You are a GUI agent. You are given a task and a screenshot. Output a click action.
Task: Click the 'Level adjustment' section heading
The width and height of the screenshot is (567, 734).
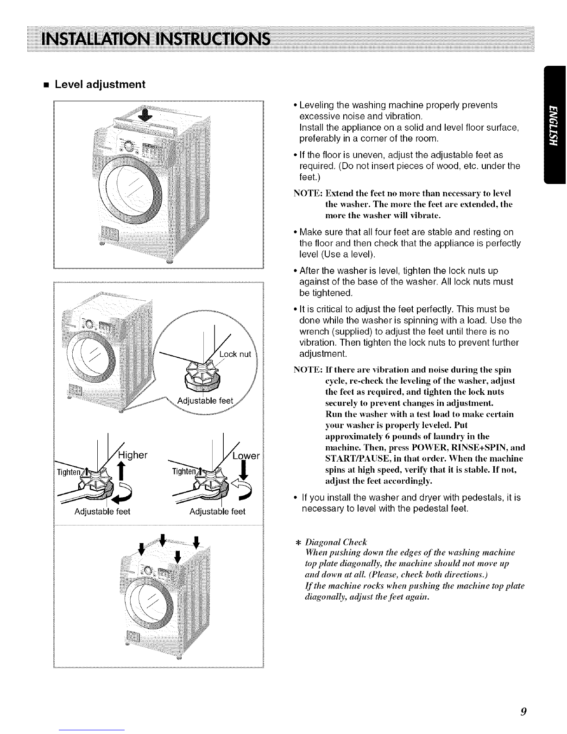(x=100, y=84)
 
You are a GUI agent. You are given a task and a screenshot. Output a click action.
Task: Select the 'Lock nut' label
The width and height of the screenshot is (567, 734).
(x=235, y=354)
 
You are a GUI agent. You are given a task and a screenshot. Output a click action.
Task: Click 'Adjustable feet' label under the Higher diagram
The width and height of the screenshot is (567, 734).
(x=103, y=512)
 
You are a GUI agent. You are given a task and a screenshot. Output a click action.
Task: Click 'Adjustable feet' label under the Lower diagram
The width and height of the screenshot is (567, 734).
(x=217, y=512)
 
